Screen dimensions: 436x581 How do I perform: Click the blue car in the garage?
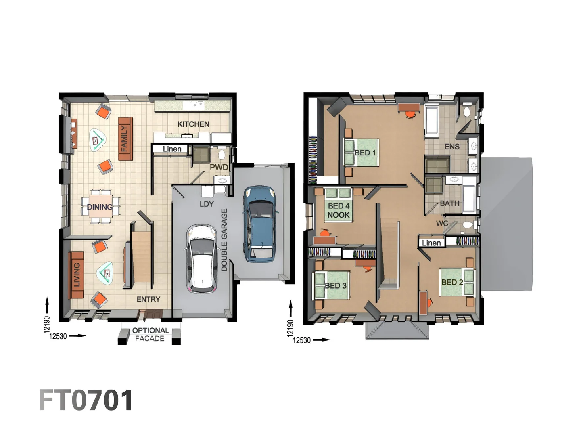coord(260,222)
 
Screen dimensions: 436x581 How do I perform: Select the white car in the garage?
coord(202,258)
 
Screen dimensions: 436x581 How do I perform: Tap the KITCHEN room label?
coord(193,124)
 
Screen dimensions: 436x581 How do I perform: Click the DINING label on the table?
coord(100,207)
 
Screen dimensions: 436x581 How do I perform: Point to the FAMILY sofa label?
coord(125,139)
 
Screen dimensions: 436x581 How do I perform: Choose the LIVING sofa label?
coord(76,275)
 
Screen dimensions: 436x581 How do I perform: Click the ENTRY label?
coord(148,299)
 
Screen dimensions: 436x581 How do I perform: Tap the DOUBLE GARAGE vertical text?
coord(224,239)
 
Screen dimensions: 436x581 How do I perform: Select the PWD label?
coord(219,167)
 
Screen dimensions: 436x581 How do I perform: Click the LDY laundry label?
coord(206,204)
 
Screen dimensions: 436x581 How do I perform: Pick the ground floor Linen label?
coord(172,149)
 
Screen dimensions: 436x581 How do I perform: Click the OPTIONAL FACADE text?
coord(150,335)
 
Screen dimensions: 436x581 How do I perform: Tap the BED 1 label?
coord(365,153)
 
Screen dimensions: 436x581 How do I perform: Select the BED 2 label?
coord(452,282)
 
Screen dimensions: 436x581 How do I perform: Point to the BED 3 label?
coord(335,286)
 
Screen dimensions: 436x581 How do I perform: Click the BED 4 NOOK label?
coord(338,210)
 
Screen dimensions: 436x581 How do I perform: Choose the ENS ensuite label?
coord(451,147)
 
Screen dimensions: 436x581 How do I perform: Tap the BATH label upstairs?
coord(449,203)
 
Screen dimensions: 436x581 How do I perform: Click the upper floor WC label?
coord(442,223)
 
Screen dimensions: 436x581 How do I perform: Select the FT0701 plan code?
coord(86,400)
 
